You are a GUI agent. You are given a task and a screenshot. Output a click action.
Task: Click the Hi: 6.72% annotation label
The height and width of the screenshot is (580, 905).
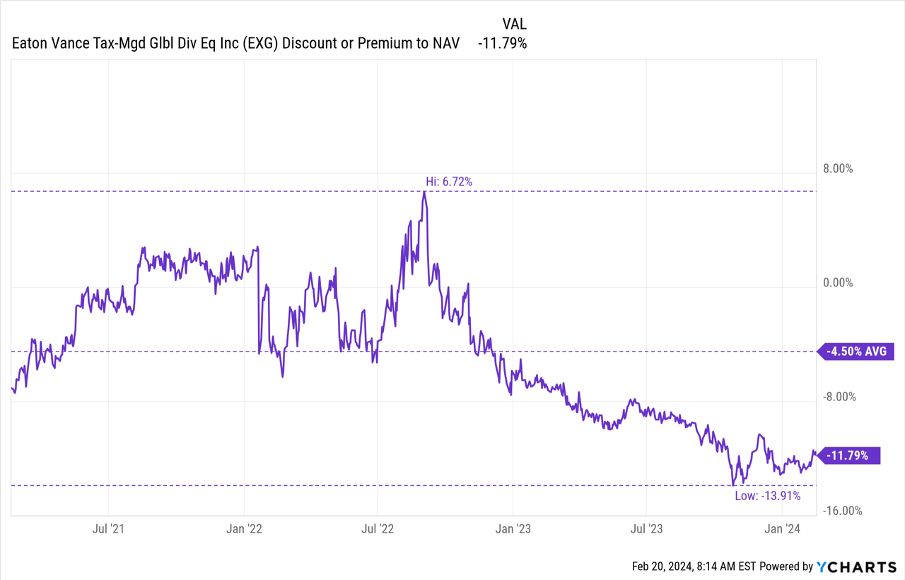tap(444, 182)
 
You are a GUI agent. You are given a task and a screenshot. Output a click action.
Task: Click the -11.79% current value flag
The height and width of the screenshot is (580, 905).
tap(848, 456)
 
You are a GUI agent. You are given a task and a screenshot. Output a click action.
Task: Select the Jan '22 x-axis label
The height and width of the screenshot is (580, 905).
tap(244, 528)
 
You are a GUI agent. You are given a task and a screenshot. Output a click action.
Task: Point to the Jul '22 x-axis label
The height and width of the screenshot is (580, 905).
tap(378, 528)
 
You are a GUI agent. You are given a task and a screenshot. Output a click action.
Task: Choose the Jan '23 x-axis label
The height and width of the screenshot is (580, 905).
tap(513, 528)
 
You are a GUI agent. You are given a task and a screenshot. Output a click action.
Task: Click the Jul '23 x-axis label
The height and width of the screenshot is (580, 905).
tap(646, 528)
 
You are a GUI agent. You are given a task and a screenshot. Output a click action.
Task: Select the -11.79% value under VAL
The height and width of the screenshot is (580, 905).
tap(502, 43)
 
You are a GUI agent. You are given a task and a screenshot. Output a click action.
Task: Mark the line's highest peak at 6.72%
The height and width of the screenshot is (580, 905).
tap(424, 192)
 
